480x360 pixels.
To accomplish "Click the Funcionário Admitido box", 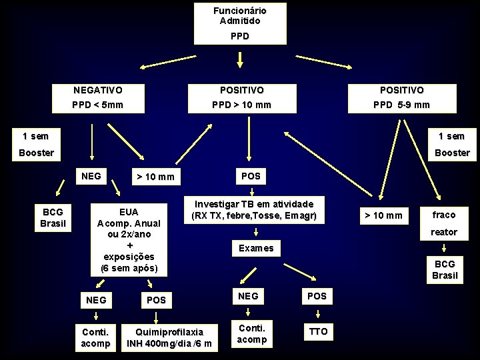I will click(240, 23).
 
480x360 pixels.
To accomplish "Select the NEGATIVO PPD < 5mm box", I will click(98, 97).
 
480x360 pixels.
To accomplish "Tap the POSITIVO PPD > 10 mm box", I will click(241, 97).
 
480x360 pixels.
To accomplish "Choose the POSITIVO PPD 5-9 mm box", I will click(401, 97).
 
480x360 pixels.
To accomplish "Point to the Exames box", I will click(256, 248).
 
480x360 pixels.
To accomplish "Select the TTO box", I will click(319, 331).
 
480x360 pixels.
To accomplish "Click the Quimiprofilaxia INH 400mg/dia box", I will click(169, 337).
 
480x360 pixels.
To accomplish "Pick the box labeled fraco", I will click(444, 215).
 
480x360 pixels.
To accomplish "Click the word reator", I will click(444, 232).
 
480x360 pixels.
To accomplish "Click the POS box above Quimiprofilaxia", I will click(156, 300).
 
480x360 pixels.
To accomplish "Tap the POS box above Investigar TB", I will click(251, 176).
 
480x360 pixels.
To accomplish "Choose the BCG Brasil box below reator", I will click(445, 269).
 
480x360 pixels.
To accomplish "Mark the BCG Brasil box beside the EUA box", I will click(53, 217).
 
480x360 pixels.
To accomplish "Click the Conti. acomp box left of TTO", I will click(252, 334).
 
